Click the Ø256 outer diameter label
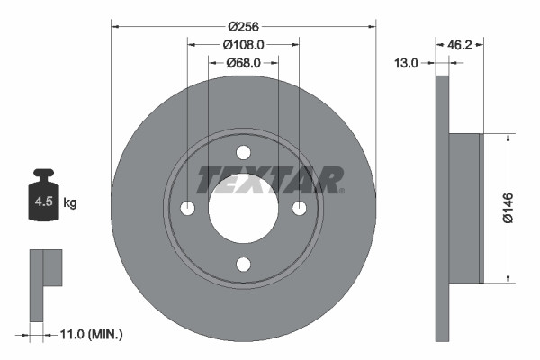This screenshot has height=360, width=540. click(x=243, y=25)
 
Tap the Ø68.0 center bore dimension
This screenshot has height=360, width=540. click(x=243, y=62)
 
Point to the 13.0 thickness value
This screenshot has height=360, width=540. click(x=407, y=62)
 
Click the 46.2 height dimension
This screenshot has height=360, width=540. click(x=460, y=43)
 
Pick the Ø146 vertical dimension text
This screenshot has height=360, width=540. click(x=508, y=206)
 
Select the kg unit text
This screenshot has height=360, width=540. click(x=70, y=203)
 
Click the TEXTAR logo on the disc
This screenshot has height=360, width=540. click(x=270, y=180)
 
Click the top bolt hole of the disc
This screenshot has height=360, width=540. click(x=243, y=153)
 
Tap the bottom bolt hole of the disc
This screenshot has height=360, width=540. click(x=243, y=264)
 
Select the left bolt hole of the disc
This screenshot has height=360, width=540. click(x=187, y=208)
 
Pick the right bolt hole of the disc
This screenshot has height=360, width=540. click(x=299, y=208)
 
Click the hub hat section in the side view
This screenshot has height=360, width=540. click(x=465, y=206)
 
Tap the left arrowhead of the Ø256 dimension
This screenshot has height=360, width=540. click(x=114, y=25)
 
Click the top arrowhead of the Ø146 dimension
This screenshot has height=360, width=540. click(x=508, y=138)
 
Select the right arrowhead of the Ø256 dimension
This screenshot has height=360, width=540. click(x=372, y=25)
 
